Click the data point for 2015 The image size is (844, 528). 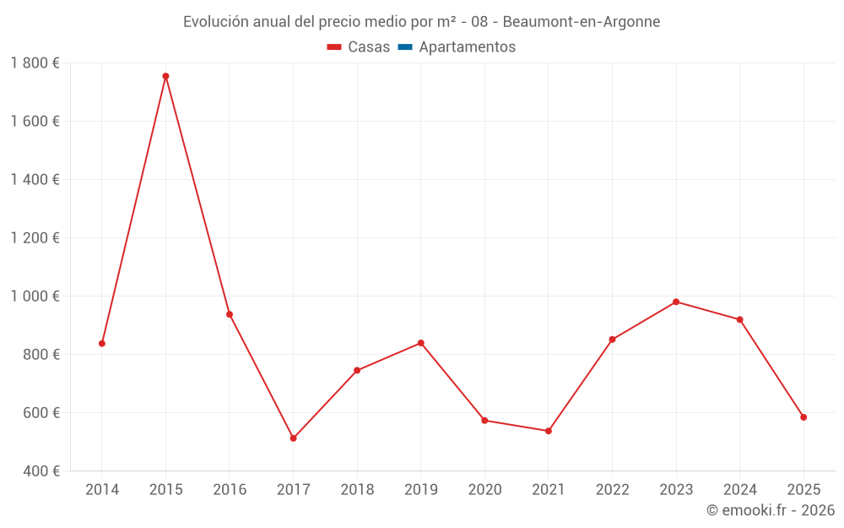click(x=165, y=76)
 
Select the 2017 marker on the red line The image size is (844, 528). click(x=293, y=438)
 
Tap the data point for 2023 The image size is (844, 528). click(x=676, y=302)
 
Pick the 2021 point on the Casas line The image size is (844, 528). click(x=549, y=431)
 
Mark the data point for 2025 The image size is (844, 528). click(x=803, y=417)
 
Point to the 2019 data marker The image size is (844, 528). click(x=420, y=343)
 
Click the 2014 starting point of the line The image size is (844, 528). click(x=102, y=344)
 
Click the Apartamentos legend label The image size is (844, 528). click(x=467, y=47)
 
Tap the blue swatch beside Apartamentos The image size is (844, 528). click(x=405, y=47)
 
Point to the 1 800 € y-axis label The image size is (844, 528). click(x=35, y=63)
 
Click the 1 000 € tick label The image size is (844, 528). click(x=35, y=297)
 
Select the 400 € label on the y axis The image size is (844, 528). click(x=41, y=471)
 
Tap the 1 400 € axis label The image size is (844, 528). click(x=35, y=180)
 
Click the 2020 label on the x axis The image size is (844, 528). click(x=484, y=490)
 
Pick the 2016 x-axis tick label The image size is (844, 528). click(x=230, y=490)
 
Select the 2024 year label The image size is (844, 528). click(x=740, y=490)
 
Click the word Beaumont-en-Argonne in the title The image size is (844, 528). click(x=582, y=21)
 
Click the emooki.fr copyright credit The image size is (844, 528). click(x=771, y=510)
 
